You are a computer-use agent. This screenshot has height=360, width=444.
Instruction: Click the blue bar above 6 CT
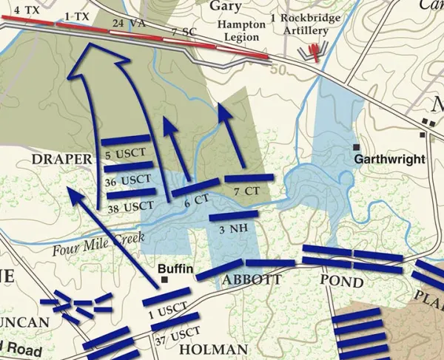pyautogui.click(x=195, y=188)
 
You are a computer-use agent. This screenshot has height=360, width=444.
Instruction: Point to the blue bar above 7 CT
pyautogui.click(x=249, y=178)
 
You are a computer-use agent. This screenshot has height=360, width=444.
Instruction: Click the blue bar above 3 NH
pyautogui.click(x=234, y=216)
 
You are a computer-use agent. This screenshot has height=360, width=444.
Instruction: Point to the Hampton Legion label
pyautogui.click(x=240, y=30)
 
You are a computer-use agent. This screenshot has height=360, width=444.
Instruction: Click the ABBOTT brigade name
pyautogui.click(x=251, y=280)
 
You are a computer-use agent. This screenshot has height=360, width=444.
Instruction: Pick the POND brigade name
pyautogui.click(x=341, y=282)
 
